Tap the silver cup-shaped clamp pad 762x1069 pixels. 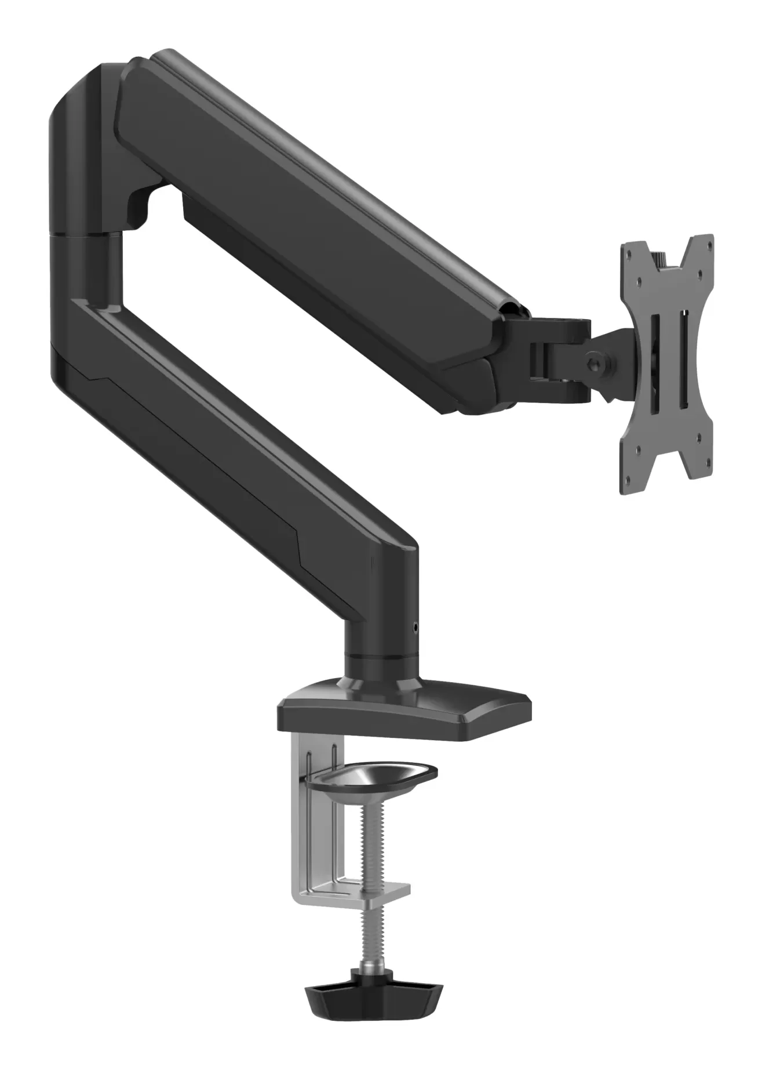[371, 778]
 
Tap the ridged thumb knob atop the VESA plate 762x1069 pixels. [659, 259]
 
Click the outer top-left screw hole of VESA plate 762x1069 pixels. [629, 255]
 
